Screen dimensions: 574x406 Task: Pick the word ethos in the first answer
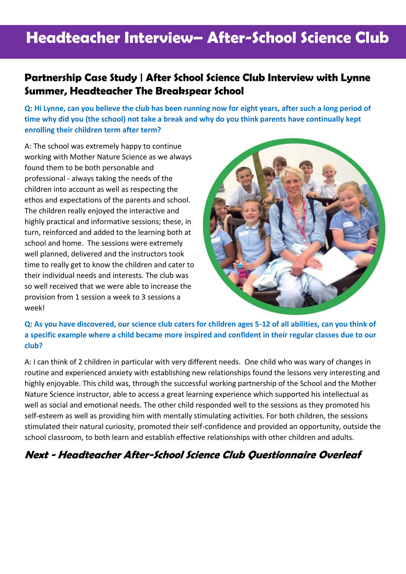(34, 200)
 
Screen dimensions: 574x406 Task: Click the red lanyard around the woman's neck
(299, 220)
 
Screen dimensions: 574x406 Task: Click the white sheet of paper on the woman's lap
(329, 266)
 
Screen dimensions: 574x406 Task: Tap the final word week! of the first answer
(34, 308)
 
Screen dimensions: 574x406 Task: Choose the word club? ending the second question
(34, 346)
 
